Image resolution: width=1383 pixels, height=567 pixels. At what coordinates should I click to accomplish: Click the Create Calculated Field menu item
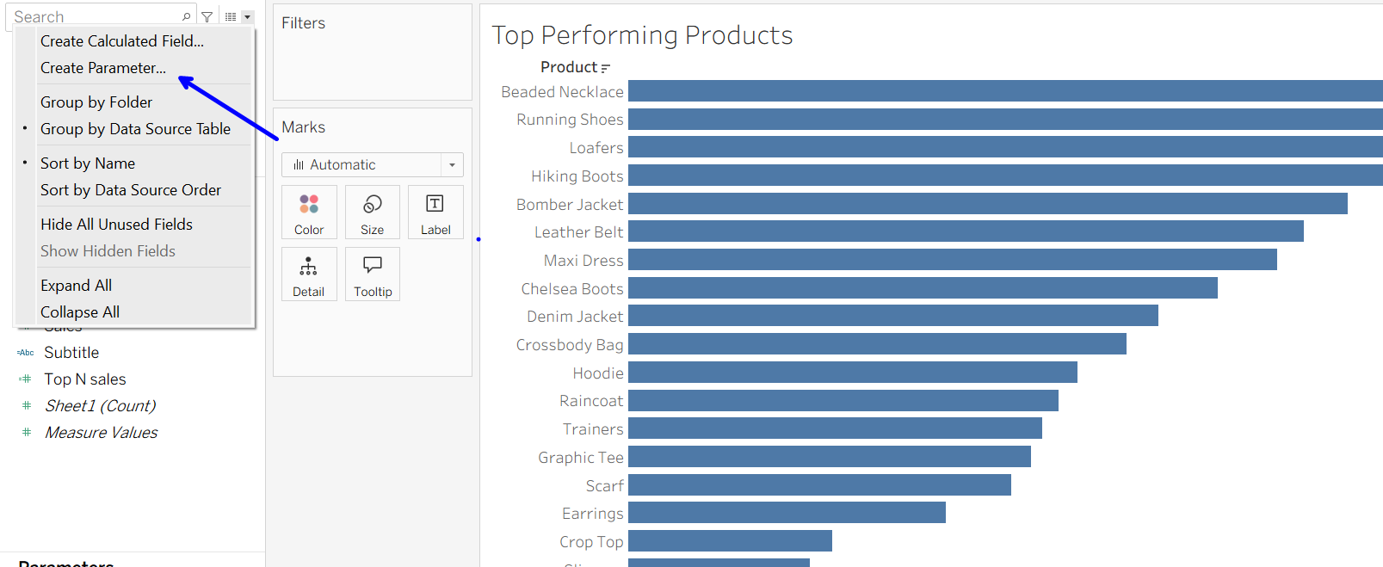coord(122,41)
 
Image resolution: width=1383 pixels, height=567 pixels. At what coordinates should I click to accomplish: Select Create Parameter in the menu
coord(103,68)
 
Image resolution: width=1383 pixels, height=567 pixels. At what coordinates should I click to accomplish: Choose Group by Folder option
coord(96,102)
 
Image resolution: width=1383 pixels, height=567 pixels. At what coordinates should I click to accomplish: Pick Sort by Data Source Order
coord(131,190)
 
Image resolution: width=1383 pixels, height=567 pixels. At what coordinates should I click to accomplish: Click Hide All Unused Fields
coord(116,225)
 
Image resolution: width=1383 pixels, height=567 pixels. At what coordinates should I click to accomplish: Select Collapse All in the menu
coord(80,312)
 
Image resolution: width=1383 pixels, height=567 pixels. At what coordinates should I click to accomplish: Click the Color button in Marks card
coord(309,213)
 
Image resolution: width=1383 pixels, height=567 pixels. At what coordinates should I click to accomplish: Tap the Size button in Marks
coord(373,213)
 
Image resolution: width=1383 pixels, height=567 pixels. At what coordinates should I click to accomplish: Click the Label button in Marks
coord(435,213)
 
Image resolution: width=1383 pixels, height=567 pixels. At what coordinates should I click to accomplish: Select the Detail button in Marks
coord(309,274)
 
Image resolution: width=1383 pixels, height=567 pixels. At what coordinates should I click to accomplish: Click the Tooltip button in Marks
coord(373,274)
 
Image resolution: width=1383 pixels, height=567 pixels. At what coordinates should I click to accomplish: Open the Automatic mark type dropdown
coord(373,164)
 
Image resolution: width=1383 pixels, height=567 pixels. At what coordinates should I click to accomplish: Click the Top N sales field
coord(85,379)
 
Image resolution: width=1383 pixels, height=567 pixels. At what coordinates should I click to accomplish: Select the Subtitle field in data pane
coord(71,353)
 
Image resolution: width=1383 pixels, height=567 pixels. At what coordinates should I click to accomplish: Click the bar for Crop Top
coord(730,541)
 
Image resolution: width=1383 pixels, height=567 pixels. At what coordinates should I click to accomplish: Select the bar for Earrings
coord(787,513)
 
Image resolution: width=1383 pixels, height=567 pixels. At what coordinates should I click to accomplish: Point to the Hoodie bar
coord(852,373)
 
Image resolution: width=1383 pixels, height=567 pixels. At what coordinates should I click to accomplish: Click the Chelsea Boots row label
coord(571,289)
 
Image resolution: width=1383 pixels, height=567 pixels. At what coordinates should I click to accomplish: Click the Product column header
coord(569,67)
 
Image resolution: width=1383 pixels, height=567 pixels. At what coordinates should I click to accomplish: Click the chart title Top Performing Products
coord(642,35)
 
